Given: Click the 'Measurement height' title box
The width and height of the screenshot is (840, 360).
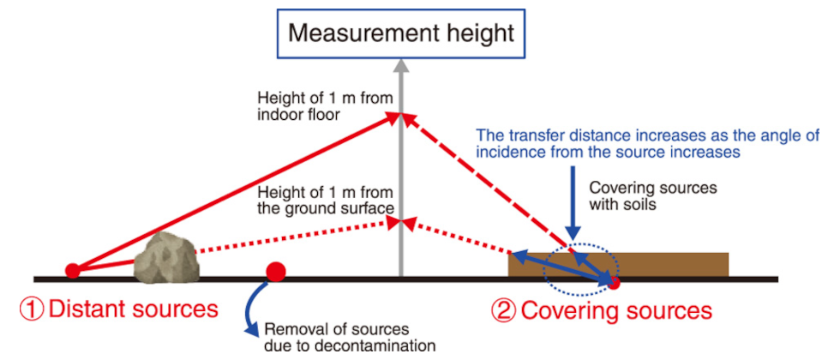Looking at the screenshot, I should (x=400, y=33).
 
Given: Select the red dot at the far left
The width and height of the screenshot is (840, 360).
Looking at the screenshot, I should (x=73, y=271).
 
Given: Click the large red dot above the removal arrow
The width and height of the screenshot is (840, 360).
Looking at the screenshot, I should (x=275, y=273).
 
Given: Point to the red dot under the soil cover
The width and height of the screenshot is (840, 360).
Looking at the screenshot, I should (x=614, y=279).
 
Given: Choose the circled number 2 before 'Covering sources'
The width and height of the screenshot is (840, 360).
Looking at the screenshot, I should (x=503, y=309).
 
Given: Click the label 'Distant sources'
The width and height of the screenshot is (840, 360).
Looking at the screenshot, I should (x=133, y=309).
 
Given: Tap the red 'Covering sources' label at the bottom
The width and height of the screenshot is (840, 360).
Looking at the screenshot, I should (x=615, y=309).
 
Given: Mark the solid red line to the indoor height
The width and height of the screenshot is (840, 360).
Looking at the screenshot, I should (x=231, y=193).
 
